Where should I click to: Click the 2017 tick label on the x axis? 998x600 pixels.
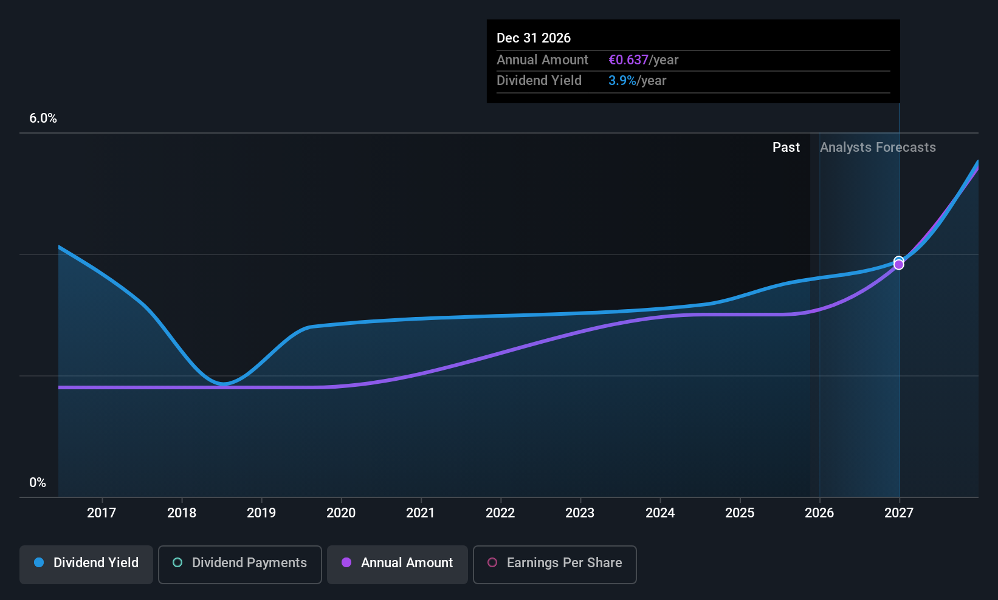point(102,513)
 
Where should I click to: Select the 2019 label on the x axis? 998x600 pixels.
point(261,513)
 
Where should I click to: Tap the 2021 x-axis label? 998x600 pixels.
point(421,513)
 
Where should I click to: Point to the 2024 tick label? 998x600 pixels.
point(660,513)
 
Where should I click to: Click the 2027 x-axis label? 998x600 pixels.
point(899,513)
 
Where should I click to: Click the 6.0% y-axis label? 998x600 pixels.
point(43,118)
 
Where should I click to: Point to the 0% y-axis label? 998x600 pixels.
point(38,483)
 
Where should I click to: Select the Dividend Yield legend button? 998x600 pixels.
point(86,563)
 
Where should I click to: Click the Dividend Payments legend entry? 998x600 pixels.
point(240,563)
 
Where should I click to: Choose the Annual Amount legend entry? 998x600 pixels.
point(397,563)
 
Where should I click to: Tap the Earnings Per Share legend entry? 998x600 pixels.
point(555,563)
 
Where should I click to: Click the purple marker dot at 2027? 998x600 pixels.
point(899,265)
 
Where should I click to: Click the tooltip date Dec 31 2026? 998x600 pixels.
point(534,38)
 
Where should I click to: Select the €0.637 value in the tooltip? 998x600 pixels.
point(628,60)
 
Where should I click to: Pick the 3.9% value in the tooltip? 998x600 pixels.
point(622,81)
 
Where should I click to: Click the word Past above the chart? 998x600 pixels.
point(786,148)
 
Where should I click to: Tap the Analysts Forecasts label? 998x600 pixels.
point(878,148)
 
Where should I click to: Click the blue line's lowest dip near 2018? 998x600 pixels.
point(224,384)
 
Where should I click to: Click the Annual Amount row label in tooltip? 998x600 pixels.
point(542,60)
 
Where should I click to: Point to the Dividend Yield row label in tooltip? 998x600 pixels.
point(539,81)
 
